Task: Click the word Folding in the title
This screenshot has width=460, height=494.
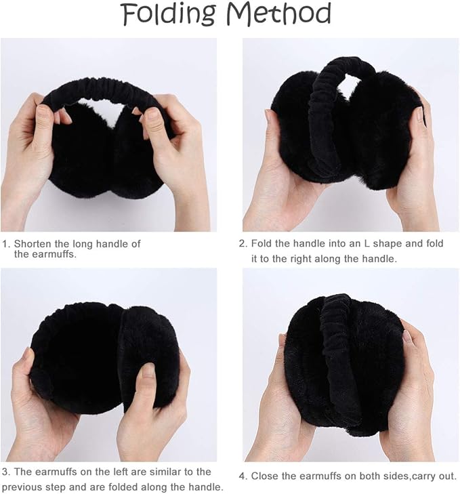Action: (x=169, y=15)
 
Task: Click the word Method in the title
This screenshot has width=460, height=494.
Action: (x=279, y=14)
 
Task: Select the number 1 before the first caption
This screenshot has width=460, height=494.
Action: (x=5, y=244)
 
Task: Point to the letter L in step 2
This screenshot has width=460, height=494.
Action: (x=367, y=243)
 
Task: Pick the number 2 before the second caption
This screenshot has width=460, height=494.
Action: (x=242, y=243)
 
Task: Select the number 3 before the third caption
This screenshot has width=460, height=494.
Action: (x=5, y=472)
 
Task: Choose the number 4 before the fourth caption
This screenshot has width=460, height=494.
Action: (x=242, y=476)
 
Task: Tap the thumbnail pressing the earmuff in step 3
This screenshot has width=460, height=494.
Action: (x=148, y=371)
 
